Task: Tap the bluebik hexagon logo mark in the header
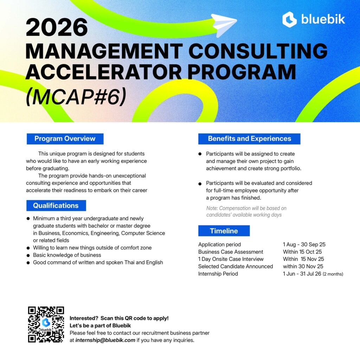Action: point(289,20)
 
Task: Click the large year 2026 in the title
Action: point(57,27)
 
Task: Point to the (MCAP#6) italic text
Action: point(76,96)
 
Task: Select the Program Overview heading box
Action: point(65,139)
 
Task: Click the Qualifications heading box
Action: point(56,205)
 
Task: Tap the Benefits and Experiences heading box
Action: point(249,139)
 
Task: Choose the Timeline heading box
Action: point(224,231)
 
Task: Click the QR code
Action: point(46,324)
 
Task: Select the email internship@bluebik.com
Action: point(105,340)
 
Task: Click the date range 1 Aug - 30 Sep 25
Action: point(304,244)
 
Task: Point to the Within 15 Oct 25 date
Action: point(302,252)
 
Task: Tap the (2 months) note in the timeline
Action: point(333,274)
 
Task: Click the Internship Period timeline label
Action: point(218,274)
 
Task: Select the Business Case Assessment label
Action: point(231,252)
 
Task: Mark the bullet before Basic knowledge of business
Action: point(28,255)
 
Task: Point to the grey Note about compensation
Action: point(246,211)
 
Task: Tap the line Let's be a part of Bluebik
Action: point(100,326)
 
